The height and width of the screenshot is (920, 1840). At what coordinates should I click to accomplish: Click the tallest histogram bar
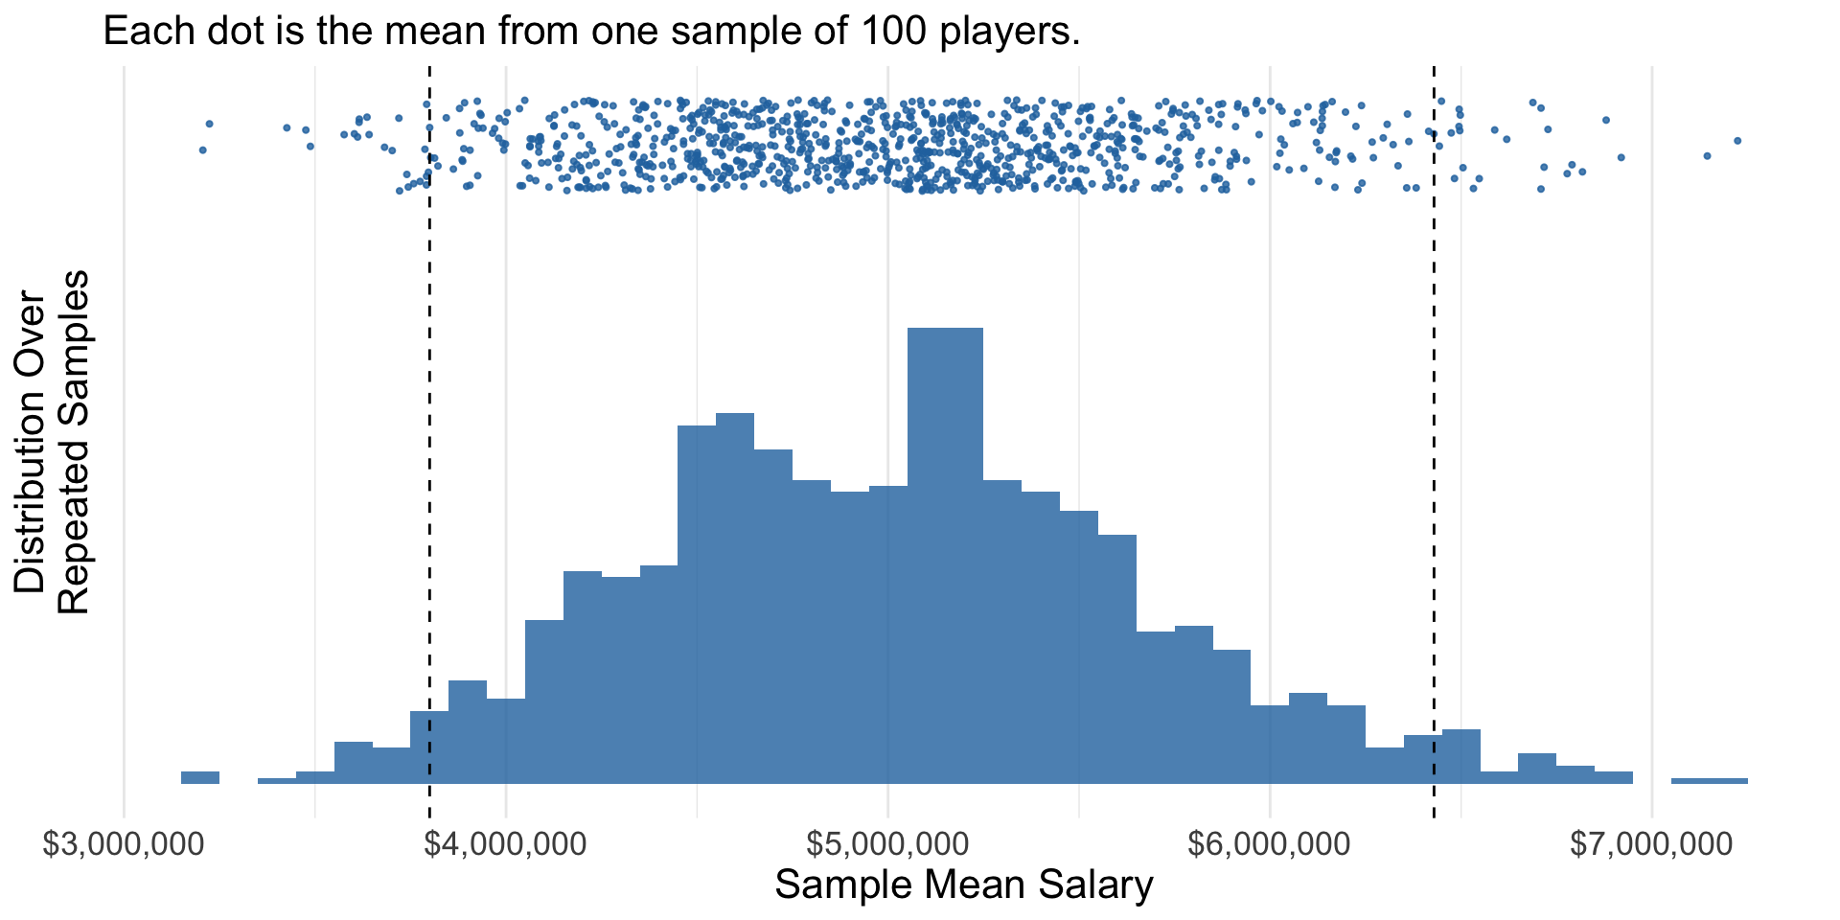pyautogui.click(x=945, y=556)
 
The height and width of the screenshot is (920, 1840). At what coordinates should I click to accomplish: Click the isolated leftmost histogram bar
pyautogui.click(x=200, y=777)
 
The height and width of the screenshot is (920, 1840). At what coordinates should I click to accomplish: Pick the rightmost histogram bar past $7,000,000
pyautogui.click(x=1709, y=781)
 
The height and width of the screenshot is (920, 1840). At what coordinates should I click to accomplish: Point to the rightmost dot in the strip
pyautogui.click(x=1736, y=141)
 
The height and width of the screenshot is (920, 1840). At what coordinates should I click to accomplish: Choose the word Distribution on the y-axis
pyautogui.click(x=31, y=442)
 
